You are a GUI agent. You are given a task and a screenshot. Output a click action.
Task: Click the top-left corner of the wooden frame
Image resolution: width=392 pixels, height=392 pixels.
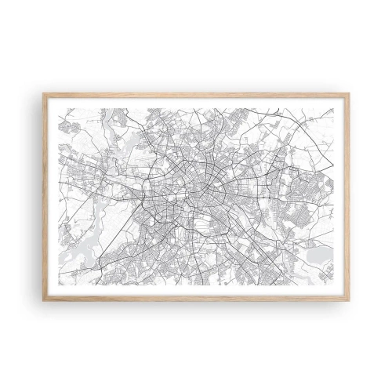44,94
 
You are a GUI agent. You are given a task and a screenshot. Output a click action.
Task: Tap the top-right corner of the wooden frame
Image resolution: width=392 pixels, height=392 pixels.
350,94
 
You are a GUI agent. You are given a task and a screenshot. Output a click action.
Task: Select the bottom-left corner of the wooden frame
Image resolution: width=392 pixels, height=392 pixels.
44,299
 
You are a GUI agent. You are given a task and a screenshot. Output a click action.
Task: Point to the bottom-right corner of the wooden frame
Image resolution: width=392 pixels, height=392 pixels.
350,299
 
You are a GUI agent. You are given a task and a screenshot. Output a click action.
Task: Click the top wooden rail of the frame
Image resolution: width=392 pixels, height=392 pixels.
196,96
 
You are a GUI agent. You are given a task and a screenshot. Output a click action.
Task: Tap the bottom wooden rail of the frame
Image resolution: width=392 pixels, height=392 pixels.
196,297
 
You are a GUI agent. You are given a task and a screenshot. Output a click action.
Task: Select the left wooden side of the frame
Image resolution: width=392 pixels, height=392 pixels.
45,196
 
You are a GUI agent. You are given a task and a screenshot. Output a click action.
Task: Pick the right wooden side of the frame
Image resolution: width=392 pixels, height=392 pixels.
348,196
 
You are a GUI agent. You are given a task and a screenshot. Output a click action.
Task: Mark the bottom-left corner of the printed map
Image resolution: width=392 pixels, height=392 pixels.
60,285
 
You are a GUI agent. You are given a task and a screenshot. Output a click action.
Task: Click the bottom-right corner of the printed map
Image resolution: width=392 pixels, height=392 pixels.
334,285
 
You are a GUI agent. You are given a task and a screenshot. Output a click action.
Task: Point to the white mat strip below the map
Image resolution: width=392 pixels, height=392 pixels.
196,290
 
